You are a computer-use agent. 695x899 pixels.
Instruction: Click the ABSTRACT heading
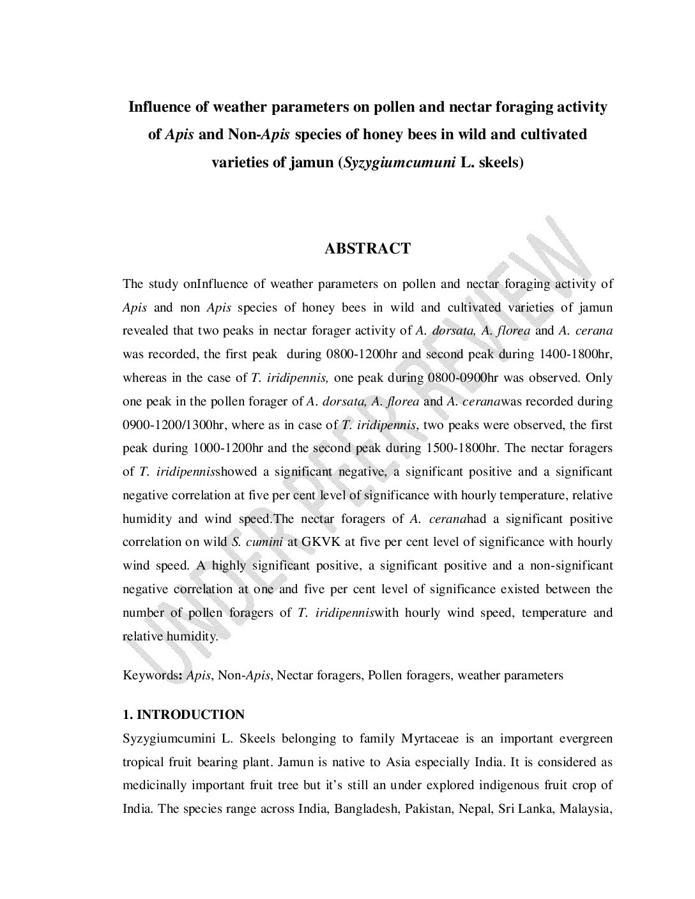367,249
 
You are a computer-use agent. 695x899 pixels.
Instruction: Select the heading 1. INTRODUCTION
183,714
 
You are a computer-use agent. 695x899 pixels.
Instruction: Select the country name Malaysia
586,809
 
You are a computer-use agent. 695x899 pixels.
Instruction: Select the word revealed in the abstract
146,331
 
